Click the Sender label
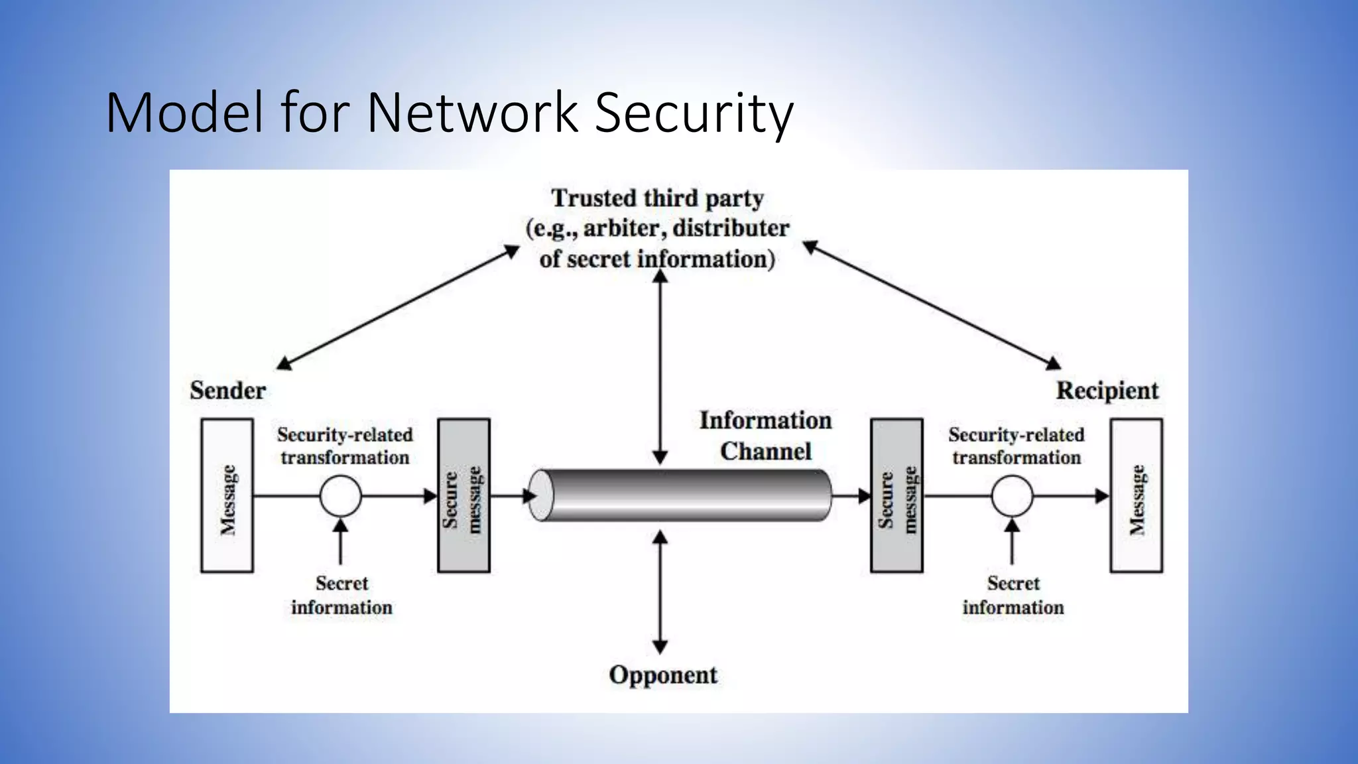(227, 391)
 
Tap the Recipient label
(1107, 391)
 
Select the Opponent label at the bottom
(662, 675)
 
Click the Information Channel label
(765, 436)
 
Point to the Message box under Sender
(227, 495)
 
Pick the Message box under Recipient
(1136, 495)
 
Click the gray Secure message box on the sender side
(463, 495)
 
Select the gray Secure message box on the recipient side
(896, 495)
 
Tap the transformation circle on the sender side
(341, 496)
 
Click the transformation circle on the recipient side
(1012, 496)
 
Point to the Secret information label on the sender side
(341, 596)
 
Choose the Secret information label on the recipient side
(1013, 596)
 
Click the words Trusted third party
(657, 198)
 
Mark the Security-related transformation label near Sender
(345, 446)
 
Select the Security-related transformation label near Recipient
(1017, 446)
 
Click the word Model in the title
(184, 113)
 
